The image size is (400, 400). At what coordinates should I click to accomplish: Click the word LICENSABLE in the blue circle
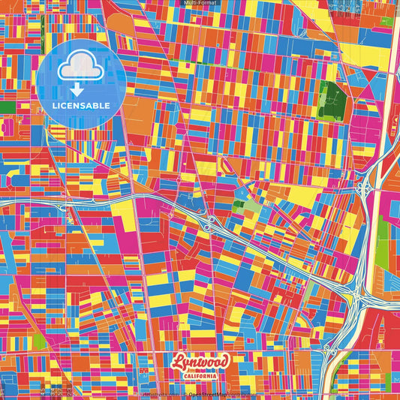point(83,105)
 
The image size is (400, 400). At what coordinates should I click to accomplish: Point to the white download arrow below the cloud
point(75,89)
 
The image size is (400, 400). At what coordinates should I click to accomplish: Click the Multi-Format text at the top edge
point(200,4)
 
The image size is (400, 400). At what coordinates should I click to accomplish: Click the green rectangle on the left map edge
point(7,107)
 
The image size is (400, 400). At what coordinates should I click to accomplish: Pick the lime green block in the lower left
point(39,341)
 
